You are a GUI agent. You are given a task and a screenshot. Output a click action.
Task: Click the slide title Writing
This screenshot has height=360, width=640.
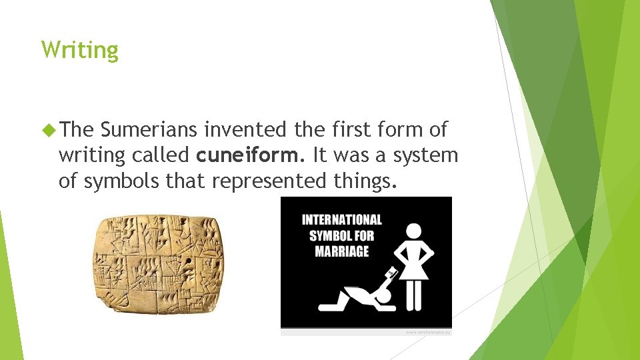(x=79, y=50)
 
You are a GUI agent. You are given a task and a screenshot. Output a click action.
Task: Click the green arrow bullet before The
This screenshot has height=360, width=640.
(x=47, y=129)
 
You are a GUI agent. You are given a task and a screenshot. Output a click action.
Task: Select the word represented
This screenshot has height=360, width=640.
(x=269, y=181)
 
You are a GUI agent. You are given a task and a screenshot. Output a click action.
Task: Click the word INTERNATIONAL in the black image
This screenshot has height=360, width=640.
(x=341, y=220)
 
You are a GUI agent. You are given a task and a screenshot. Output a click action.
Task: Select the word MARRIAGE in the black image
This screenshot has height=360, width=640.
(x=341, y=251)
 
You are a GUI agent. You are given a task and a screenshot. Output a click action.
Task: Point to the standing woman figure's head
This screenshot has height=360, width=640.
(x=413, y=231)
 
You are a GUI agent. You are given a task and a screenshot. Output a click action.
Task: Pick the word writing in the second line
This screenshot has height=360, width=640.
(x=91, y=155)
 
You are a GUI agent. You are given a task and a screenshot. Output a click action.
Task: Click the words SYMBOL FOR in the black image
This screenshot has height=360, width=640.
(x=341, y=236)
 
